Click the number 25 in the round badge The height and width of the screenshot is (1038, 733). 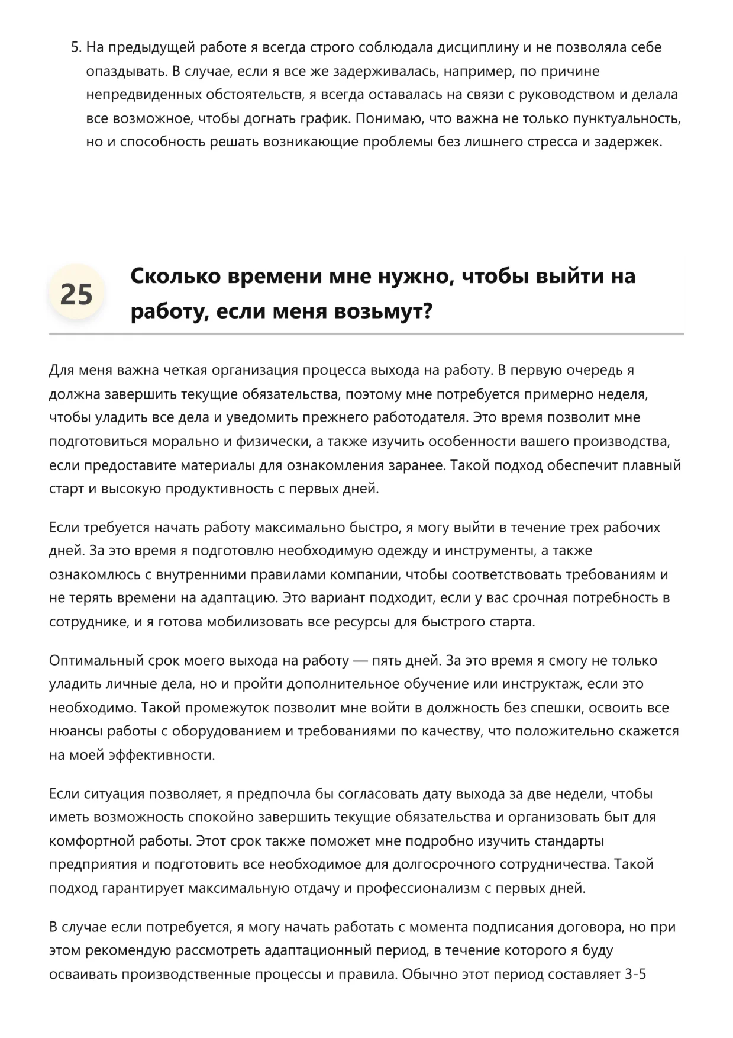click(x=76, y=294)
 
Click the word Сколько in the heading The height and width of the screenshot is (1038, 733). click(x=175, y=276)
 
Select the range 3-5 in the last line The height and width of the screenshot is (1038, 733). click(x=635, y=974)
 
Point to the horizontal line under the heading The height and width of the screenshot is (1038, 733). click(x=366, y=334)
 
